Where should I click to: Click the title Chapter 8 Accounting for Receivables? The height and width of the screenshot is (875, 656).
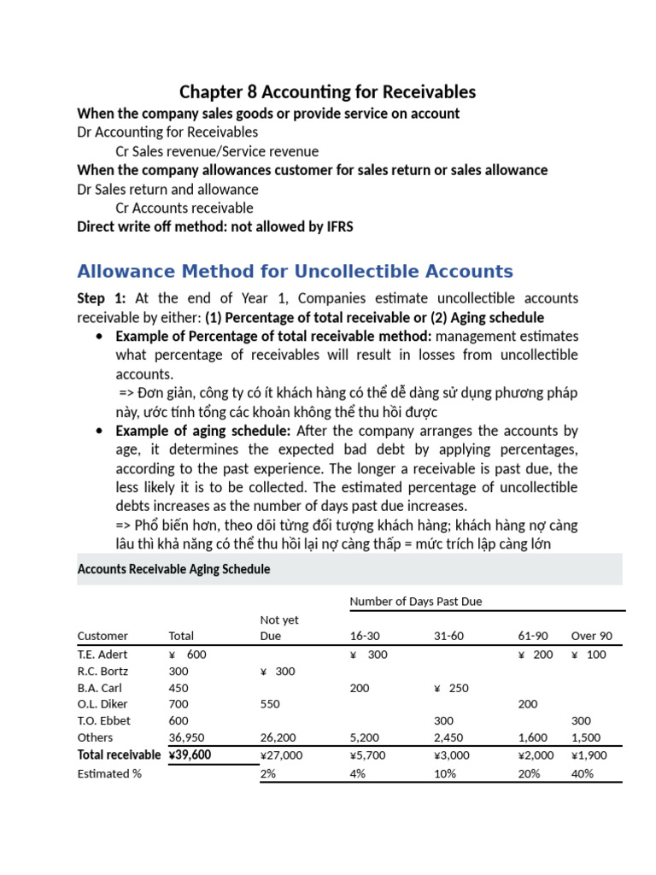(x=327, y=91)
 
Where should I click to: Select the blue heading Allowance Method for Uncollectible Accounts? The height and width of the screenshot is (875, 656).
(x=295, y=272)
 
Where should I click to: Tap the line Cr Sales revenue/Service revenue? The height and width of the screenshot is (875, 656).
(x=217, y=151)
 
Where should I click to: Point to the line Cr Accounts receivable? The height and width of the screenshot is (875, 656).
(x=184, y=208)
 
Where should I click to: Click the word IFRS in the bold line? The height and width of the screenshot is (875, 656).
(x=334, y=226)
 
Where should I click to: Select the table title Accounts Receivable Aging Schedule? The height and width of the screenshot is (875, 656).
(x=173, y=569)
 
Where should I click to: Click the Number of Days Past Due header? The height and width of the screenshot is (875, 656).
(x=416, y=602)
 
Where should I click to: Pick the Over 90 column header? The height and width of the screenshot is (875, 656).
(x=591, y=636)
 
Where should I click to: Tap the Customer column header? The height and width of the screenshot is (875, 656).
(x=102, y=636)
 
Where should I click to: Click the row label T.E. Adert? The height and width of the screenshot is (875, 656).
(x=102, y=654)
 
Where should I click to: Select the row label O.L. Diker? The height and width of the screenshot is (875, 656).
(x=102, y=704)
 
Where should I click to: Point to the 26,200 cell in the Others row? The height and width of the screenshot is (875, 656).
(x=278, y=737)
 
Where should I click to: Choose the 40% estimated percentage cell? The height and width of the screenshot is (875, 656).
(x=583, y=773)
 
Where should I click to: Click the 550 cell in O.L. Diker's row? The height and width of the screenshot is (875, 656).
(x=269, y=704)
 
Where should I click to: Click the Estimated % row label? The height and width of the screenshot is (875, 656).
(x=109, y=773)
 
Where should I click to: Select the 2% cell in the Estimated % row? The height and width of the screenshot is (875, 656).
(x=267, y=773)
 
